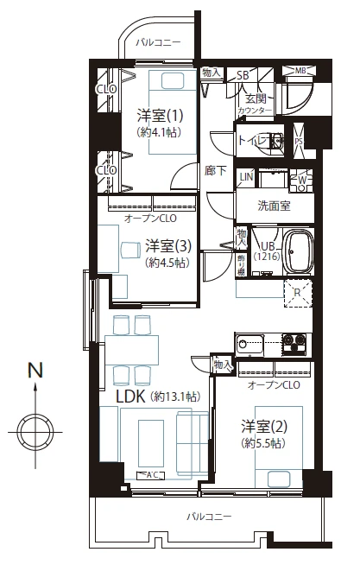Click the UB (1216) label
click(264, 251)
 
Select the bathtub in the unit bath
click(300, 251)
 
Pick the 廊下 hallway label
click(216, 171)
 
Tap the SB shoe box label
click(244, 75)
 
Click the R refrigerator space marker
click(297, 292)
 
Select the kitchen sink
click(251, 345)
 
